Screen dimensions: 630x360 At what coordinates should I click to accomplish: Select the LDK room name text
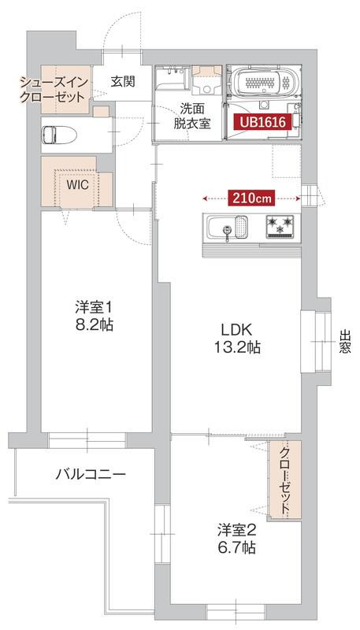(236, 330)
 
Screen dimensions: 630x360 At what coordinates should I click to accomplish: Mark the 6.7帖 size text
(236, 548)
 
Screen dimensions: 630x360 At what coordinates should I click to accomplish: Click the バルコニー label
(91, 475)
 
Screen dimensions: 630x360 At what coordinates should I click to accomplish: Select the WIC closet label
(77, 184)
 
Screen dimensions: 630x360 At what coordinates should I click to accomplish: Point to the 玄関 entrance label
(122, 80)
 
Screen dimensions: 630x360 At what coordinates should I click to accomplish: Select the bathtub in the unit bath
(263, 81)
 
